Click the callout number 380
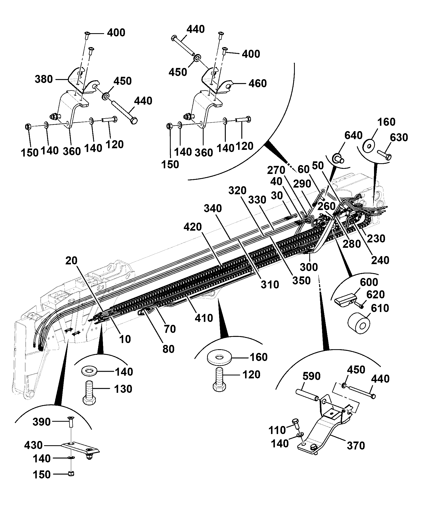(x=44, y=79)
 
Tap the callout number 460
(x=258, y=83)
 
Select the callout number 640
(x=353, y=135)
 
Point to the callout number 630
(x=399, y=138)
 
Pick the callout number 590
(x=312, y=376)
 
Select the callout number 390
(x=41, y=422)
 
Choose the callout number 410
(x=204, y=318)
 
